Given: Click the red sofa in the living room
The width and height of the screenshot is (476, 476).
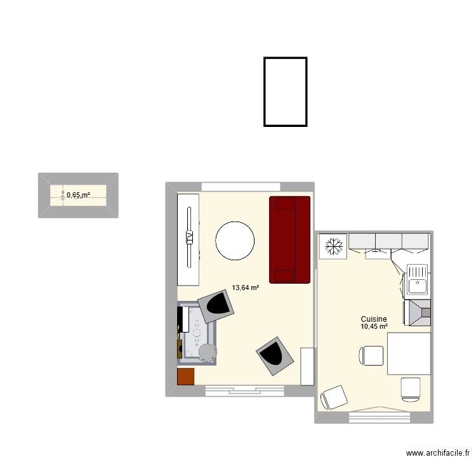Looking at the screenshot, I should pyautogui.click(x=290, y=239).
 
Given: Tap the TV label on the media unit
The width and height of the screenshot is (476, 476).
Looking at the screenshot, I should pyautogui.click(x=189, y=237).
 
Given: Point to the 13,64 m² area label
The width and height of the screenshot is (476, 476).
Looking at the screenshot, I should pyautogui.click(x=246, y=288).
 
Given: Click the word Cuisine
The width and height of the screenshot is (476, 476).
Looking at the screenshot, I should pyautogui.click(x=374, y=319).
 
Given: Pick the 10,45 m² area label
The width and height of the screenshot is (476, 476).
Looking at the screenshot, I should pyautogui.click(x=374, y=327).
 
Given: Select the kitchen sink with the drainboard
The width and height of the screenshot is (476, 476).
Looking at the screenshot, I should pyautogui.click(x=418, y=280).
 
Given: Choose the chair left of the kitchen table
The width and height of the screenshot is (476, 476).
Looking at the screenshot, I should pyautogui.click(x=371, y=356).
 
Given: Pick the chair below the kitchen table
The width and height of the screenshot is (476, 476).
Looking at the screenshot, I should pyautogui.click(x=411, y=388).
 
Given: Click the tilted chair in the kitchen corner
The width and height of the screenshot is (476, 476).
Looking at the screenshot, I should pyautogui.click(x=334, y=397).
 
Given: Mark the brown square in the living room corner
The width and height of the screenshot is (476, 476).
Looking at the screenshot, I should pyautogui.click(x=185, y=376).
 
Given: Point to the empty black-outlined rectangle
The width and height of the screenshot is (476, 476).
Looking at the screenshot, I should pyautogui.click(x=286, y=91).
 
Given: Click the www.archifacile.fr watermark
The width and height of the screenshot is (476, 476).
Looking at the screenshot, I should pyautogui.click(x=438, y=453).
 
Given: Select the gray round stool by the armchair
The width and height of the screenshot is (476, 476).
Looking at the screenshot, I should pyautogui.click(x=207, y=351).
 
